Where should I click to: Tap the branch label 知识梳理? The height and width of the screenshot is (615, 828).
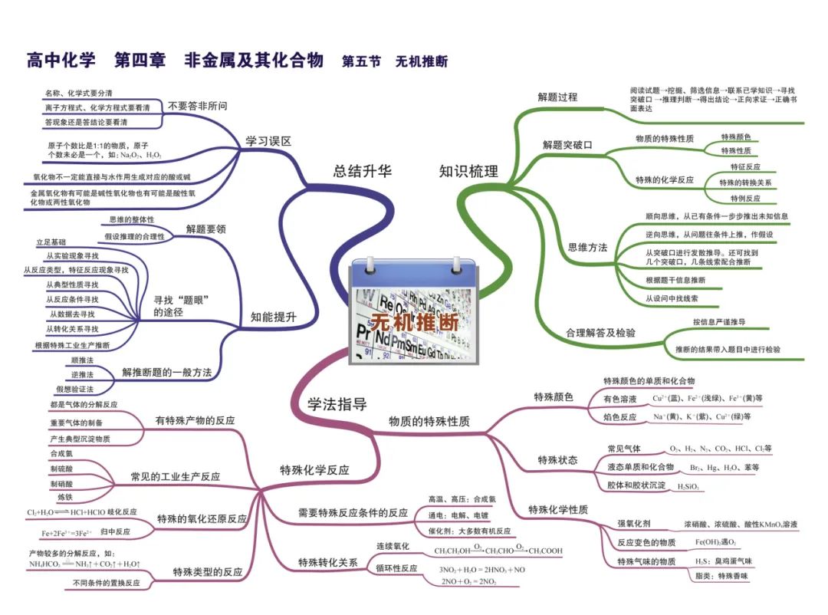pos(468,172)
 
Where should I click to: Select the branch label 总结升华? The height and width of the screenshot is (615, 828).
pos(362,172)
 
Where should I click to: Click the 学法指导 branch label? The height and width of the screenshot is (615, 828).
pos(337,405)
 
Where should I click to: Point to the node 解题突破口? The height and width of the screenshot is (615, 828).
pos(567,144)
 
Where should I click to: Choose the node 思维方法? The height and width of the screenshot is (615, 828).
pos(587,247)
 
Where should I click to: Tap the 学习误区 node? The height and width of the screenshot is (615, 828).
pos(268,141)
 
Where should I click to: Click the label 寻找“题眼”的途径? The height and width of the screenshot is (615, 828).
pos(182,306)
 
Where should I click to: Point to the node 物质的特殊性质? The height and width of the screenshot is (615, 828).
pos(429,421)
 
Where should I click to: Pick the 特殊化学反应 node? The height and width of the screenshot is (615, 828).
pos(314,470)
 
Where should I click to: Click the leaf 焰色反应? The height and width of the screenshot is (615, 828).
pos(620,416)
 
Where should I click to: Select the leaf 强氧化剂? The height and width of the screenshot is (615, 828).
pos(634,524)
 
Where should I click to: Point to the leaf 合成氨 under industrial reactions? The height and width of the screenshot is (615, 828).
pos(61,454)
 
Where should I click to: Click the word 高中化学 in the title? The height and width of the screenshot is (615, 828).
pos(61,61)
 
